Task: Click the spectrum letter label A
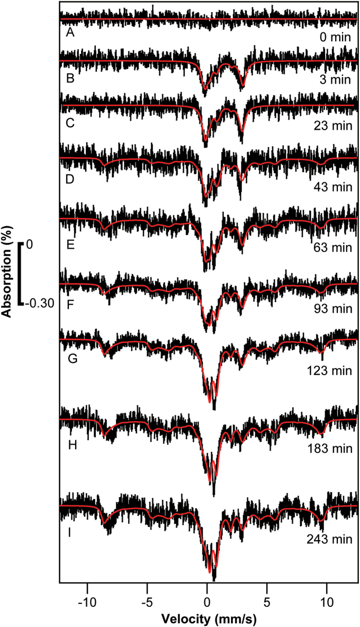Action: (x=69, y=33)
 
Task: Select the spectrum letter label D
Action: (x=70, y=179)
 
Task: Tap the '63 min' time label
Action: (x=333, y=247)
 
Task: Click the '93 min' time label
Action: (x=333, y=306)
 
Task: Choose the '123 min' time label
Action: (x=331, y=366)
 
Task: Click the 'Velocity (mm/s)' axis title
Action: (x=206, y=617)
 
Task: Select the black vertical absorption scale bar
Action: (x=20, y=274)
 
